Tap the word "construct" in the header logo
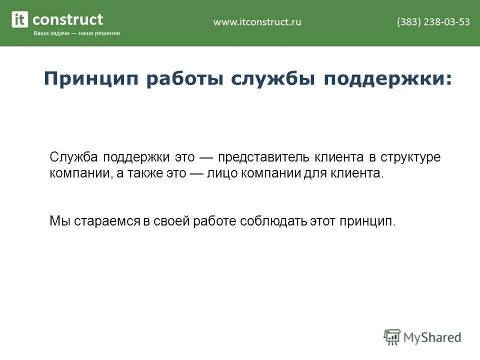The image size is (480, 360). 67,20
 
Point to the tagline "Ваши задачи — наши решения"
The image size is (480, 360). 76,33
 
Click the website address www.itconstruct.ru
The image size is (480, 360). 257,21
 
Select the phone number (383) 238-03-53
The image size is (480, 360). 433,21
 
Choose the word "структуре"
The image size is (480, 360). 410,157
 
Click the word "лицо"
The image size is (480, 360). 221,173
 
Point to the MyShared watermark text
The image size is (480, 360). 432,337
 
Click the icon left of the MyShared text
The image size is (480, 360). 392,336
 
